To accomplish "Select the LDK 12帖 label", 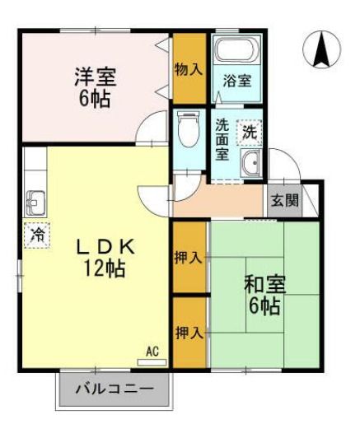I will pos(106,256).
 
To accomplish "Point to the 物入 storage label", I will pos(188,69).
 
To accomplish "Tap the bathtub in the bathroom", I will pos(236,52).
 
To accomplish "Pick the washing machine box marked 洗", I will pos(249,132).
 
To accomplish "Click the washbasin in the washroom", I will pos(251,165).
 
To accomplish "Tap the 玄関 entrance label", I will pos(282,199).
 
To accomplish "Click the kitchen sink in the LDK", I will pos(35,200).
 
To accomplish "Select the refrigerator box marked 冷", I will pos(36,234).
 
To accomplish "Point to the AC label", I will pos(152,352).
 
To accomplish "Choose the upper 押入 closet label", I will pos(188,258).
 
